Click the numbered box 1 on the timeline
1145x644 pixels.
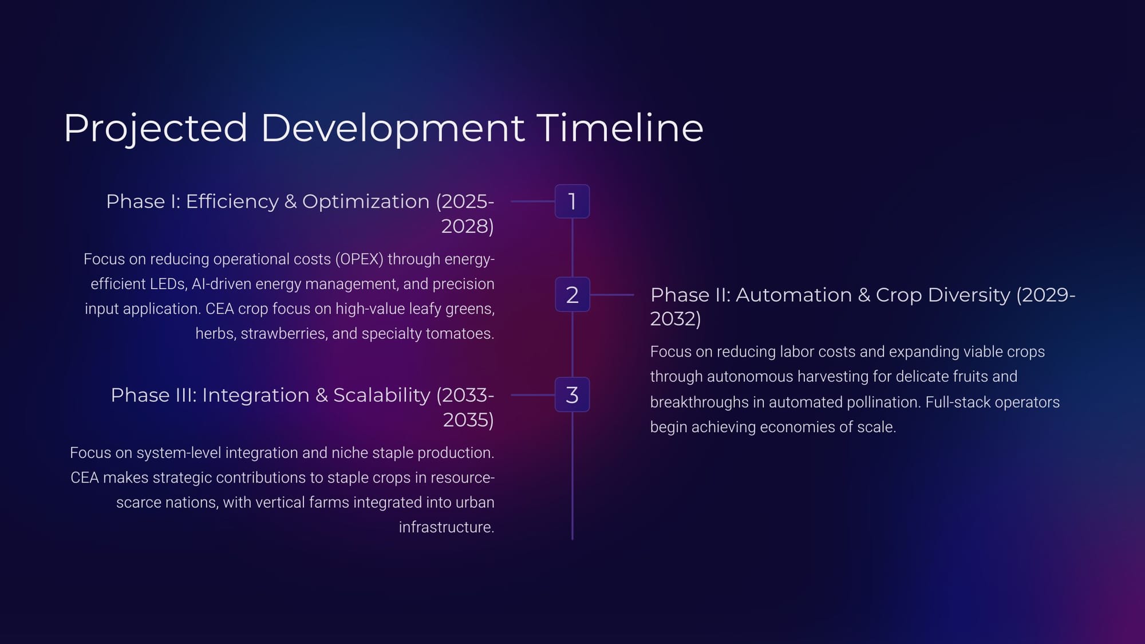[572, 202]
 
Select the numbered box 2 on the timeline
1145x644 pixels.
[572, 295]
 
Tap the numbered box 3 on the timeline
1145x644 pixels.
[572, 395]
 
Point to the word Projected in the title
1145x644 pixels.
[156, 129]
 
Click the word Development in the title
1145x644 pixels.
[393, 129]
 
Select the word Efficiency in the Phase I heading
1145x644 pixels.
[232, 202]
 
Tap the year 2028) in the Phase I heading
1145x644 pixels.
[468, 226]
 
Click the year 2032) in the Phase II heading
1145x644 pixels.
[676, 319]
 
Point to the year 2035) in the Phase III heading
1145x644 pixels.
[468, 420]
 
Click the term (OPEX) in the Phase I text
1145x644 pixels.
[360, 259]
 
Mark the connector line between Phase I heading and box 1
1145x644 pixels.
[532, 202]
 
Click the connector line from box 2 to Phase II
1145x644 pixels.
[612, 295]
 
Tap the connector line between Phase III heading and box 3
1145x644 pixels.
[532, 395]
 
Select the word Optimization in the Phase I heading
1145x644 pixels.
[366, 202]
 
